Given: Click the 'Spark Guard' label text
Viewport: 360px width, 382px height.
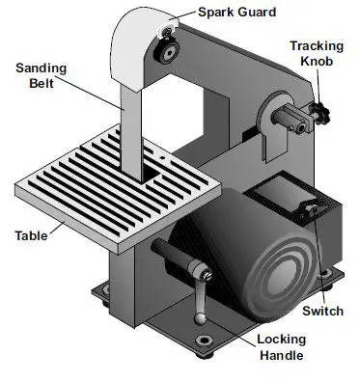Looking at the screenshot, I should (236, 13).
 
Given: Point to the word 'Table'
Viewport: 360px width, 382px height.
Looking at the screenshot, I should (33, 234).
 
